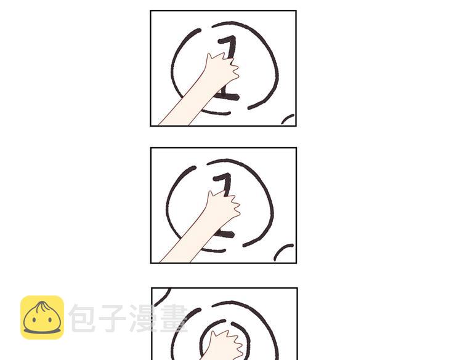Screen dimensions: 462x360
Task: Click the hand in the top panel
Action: (222, 68)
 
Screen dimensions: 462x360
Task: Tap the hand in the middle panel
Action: (223, 206)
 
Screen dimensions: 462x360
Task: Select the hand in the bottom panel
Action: (225, 346)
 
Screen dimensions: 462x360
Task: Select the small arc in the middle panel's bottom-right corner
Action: (282, 250)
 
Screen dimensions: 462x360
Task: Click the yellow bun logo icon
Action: (42, 318)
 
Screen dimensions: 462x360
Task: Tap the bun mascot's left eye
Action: (34, 319)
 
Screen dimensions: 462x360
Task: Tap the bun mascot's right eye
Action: (50, 319)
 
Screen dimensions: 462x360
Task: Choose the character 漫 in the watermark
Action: (143, 318)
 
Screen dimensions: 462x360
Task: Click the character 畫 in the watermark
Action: (174, 318)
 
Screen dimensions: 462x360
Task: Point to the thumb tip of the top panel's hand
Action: (209, 54)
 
